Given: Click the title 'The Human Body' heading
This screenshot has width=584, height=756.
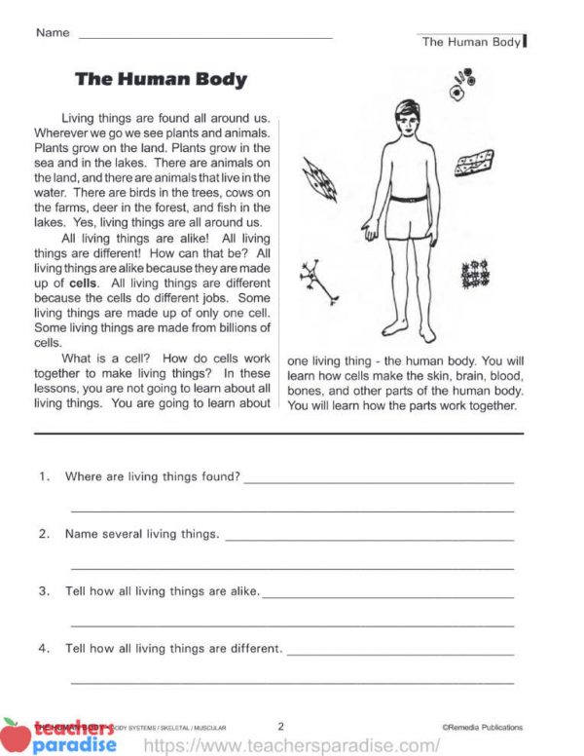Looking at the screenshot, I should coord(161,80).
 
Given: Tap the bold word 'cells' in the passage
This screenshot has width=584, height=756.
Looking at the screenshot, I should coord(99,283).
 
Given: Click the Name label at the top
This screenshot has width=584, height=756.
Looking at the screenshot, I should coord(53,32).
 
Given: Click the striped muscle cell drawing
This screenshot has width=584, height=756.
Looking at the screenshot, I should coord(319,179).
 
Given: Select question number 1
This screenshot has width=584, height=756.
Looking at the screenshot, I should coord(44,476).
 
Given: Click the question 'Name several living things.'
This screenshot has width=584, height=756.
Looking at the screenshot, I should coord(142,534).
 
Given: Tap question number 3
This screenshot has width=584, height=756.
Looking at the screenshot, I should coord(44,591).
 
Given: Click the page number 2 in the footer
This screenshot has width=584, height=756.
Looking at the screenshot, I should coord(280,726).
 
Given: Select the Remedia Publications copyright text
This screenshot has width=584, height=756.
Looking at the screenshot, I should coord(481,727).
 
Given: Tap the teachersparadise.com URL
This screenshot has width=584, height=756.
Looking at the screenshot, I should coord(292,745).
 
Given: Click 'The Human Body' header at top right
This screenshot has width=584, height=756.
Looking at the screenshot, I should coord(471,42).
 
